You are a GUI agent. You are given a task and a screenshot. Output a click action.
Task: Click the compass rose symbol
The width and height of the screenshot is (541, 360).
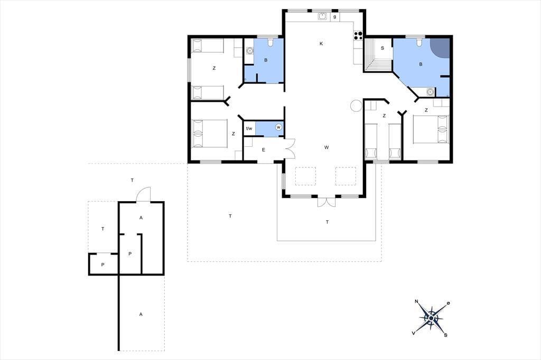click(x=431, y=318)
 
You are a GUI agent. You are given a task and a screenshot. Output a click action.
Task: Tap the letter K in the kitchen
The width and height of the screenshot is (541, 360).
click(x=321, y=43)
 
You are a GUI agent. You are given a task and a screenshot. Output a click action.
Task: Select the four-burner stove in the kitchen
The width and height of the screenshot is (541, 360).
click(x=358, y=35)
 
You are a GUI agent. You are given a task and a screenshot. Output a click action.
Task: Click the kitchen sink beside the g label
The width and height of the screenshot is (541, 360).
click(x=323, y=16)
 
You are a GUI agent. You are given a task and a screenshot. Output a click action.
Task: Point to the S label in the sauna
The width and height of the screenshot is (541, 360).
click(x=383, y=48)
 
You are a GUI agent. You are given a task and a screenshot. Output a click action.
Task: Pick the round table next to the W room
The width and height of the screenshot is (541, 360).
click(x=356, y=106)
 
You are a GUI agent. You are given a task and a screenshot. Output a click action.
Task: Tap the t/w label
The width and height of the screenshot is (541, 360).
click(x=249, y=129)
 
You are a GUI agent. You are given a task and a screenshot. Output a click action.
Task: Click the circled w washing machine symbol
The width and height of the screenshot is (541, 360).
click(x=278, y=128)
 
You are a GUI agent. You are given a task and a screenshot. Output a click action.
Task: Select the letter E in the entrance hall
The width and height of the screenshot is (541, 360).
click(x=264, y=150)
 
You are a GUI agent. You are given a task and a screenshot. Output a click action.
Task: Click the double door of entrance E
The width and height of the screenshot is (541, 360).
click(x=290, y=148)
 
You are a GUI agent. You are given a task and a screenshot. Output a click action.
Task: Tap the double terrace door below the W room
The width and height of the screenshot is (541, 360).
click(x=327, y=202)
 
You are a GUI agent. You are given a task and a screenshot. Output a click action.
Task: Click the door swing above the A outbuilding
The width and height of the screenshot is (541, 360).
click(x=144, y=194)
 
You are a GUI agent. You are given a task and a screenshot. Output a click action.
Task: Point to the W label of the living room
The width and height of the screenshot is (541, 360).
click(x=327, y=147)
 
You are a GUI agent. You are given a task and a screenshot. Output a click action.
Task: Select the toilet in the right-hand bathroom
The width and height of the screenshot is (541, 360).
click(x=419, y=42)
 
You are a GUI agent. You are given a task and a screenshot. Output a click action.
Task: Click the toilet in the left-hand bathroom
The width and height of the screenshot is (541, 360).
click(x=270, y=42)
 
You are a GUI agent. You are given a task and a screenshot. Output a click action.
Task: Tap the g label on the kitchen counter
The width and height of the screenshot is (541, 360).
click(x=334, y=16)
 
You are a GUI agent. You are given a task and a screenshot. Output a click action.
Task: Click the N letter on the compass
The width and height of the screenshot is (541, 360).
click(x=416, y=301)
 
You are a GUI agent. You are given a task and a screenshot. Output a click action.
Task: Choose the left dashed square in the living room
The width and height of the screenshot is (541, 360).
click(x=305, y=176)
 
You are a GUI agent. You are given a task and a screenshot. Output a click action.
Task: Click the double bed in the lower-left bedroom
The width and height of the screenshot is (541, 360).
click(x=209, y=134)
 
